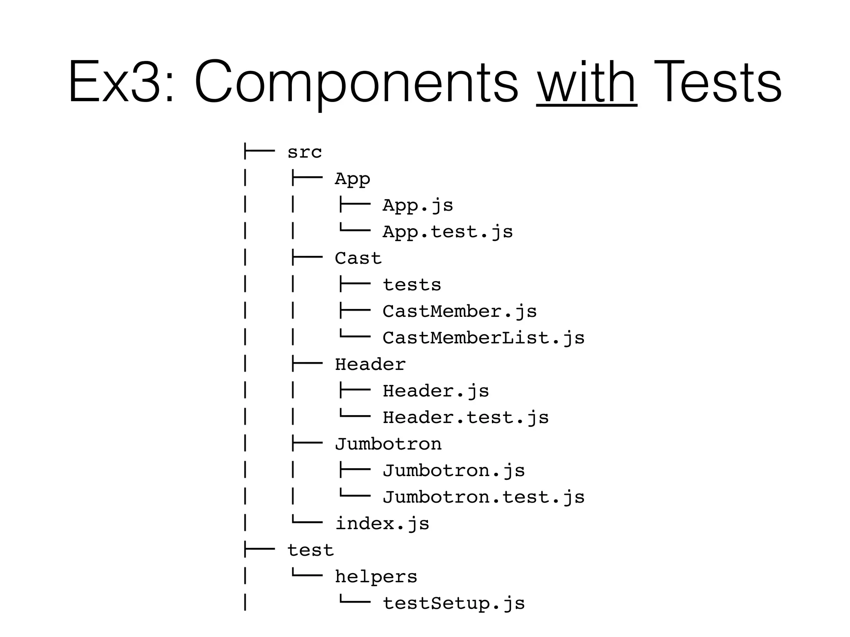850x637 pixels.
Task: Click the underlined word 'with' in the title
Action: tap(586, 82)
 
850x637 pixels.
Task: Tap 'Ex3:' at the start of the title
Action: tap(121, 82)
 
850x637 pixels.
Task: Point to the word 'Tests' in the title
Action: tap(718, 82)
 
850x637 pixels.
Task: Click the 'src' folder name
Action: tap(304, 152)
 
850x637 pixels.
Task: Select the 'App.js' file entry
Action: tap(418, 205)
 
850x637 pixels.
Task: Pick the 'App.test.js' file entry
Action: tap(447, 232)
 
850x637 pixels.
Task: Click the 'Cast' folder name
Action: tap(358, 258)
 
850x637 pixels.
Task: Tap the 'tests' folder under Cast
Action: tap(412, 285)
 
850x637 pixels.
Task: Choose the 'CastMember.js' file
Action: tap(459, 311)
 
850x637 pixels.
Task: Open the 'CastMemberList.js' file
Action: tap(484, 338)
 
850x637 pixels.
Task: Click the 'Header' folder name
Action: tap(370, 365)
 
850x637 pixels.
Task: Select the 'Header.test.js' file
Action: tap(466, 418)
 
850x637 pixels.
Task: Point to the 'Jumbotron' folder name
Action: tap(388, 444)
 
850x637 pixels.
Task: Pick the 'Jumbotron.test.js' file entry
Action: tap(484, 497)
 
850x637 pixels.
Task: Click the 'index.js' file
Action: tap(382, 524)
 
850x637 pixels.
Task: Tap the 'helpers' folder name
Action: tap(376, 577)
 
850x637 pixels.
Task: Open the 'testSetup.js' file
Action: tap(454, 603)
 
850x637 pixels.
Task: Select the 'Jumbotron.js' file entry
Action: tap(454, 471)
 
